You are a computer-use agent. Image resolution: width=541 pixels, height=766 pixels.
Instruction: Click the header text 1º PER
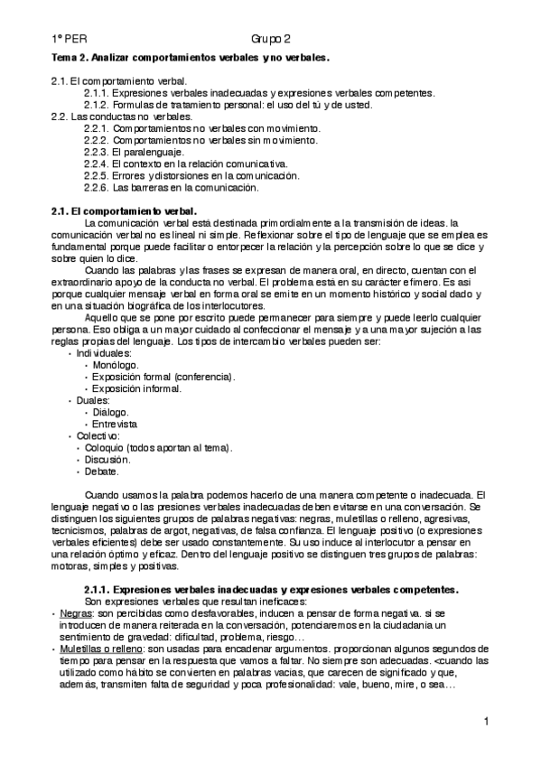68,39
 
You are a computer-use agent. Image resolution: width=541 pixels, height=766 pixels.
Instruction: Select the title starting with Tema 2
191,58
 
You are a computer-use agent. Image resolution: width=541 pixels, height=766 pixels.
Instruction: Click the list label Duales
93,400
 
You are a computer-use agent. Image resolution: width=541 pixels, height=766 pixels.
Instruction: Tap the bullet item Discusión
107,459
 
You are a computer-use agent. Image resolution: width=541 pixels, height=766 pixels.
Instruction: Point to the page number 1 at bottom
486,721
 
